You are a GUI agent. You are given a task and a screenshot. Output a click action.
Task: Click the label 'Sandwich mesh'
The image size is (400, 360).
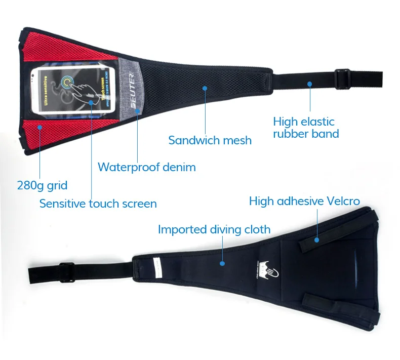pos(210,140)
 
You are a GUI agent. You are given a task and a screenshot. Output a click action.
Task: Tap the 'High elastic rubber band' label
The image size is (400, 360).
pos(306,128)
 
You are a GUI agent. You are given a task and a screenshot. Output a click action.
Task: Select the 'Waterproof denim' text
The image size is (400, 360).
pos(146,167)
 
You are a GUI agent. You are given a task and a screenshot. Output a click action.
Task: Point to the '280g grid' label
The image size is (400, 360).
pos(42,185)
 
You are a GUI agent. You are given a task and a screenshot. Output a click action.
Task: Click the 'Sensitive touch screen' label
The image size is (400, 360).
pos(98,204)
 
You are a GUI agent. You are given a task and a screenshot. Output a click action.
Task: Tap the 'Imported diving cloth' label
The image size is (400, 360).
pos(214,229)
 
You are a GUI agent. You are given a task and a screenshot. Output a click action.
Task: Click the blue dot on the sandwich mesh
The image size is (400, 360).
pos(205,88)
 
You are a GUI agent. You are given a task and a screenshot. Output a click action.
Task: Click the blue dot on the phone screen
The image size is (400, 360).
pos(91,103)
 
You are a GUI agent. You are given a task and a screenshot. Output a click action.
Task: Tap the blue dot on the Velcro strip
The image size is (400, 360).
pos(316,239)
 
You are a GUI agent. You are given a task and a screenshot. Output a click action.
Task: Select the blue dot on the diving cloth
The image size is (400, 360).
pos(221,263)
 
